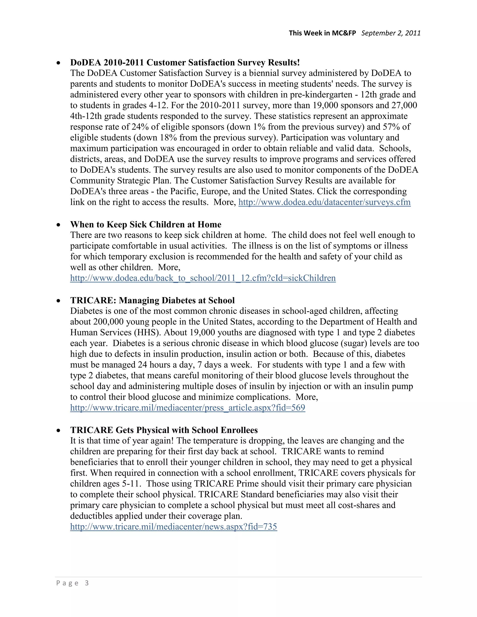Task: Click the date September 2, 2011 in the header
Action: coord(391,33)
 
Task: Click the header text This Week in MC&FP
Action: coord(322,33)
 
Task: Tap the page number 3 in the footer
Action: coord(87,583)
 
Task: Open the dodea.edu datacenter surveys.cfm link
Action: coord(324,202)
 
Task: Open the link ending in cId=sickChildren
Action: coord(203,278)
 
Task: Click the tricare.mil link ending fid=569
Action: coord(188,408)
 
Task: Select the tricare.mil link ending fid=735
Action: coord(174,527)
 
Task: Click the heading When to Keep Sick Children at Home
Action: coord(146,225)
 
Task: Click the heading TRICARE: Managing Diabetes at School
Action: coord(152,301)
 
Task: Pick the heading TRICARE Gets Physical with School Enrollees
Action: coord(164,430)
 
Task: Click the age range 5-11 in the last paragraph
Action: coord(131,484)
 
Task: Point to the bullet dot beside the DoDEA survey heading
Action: coord(58,63)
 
